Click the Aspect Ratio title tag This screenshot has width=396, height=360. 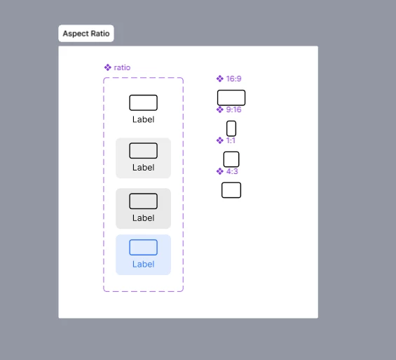[86, 34]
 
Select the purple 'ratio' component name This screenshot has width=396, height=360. [122, 67]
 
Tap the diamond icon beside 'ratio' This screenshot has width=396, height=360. [108, 67]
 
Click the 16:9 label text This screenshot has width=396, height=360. [234, 79]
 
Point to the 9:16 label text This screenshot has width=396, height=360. [234, 109]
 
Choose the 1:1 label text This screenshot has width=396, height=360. [231, 140]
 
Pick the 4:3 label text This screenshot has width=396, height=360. [232, 171]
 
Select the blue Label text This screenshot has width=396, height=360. [144, 264]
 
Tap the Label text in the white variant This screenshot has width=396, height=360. [144, 119]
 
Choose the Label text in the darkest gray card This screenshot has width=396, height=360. [144, 218]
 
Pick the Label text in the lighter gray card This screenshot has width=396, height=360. [144, 167]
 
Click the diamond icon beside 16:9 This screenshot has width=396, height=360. [220, 79]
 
